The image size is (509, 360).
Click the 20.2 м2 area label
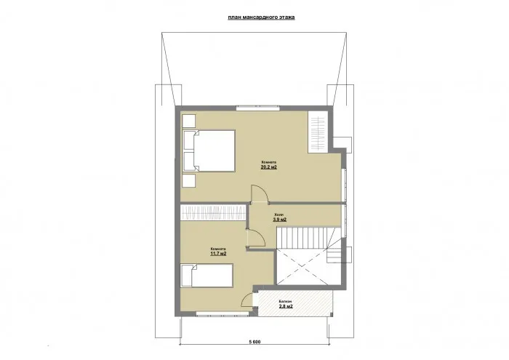[269, 167]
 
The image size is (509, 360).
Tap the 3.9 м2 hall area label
[279, 219]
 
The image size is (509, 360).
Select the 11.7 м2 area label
[218, 254]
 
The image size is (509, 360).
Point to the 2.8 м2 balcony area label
[286, 307]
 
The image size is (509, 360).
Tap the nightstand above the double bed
[189, 121]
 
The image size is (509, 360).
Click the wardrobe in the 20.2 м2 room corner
[318, 131]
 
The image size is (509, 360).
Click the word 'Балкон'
[286, 300]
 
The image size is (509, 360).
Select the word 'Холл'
[279, 214]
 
